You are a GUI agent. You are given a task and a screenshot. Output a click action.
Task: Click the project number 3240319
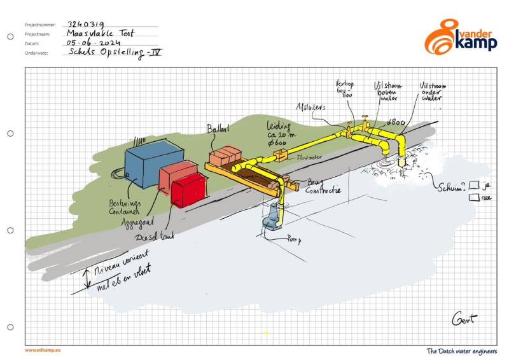tap(86, 21)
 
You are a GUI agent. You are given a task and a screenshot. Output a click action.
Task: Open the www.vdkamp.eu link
tap(44, 349)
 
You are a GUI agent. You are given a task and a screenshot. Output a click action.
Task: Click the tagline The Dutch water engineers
tap(462, 350)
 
